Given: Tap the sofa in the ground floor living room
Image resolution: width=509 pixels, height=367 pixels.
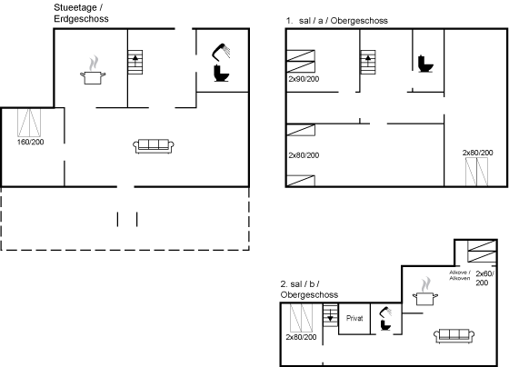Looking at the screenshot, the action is tap(154, 146).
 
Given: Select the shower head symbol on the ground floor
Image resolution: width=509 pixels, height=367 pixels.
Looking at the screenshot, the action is tap(221, 52).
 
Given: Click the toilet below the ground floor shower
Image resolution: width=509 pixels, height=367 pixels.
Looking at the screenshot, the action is tap(222, 73).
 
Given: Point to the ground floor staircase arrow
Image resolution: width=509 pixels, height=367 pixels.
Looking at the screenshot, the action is tap(135, 61).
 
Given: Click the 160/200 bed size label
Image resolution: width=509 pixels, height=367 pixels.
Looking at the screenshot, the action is tap(31, 142).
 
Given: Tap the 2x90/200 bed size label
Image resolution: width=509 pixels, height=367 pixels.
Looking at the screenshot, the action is tap(304, 79).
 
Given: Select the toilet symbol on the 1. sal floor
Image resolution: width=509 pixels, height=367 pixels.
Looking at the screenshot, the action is tap(425, 64).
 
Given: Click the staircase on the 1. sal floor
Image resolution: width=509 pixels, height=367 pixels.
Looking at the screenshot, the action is tap(368, 63).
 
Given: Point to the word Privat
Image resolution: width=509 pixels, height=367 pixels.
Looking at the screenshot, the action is tap(354, 318).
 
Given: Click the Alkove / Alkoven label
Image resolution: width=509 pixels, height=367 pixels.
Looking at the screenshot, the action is tap(460, 275).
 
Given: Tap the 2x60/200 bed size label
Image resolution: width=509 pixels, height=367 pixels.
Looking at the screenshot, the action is tap(484, 278).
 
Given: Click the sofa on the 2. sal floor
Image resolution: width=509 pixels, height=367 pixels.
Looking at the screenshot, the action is tap(454, 335).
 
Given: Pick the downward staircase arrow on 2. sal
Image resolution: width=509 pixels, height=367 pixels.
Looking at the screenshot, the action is tap(330, 315).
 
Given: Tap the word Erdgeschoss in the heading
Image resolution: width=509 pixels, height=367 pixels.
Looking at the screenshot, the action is tap(81, 19).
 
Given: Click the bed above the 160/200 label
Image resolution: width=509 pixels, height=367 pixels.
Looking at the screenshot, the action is tap(29, 123).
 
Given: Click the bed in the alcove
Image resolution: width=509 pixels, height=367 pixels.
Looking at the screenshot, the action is tap(482, 251).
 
